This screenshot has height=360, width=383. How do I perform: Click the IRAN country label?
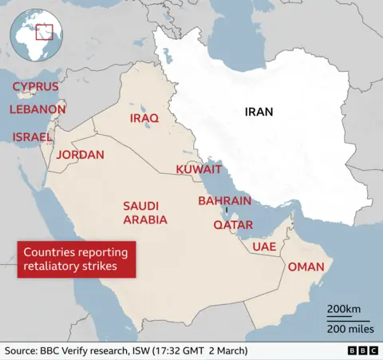[259, 112]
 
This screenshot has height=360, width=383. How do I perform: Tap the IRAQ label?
[144, 119]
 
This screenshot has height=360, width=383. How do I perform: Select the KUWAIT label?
[199, 169]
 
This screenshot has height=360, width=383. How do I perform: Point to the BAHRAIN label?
[225, 200]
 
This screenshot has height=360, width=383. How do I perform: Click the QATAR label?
[233, 225]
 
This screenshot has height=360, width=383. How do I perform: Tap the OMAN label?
[306, 267]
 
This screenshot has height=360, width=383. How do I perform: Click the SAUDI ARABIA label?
[144, 212]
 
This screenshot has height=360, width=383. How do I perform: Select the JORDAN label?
[81, 154]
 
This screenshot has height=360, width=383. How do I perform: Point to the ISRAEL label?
[33, 137]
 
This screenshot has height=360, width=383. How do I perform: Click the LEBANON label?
[38, 109]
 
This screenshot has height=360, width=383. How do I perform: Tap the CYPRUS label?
[35, 86]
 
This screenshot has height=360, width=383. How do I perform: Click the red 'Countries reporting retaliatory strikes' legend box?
[77, 259]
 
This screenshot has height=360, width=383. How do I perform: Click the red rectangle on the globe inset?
[45, 32]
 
